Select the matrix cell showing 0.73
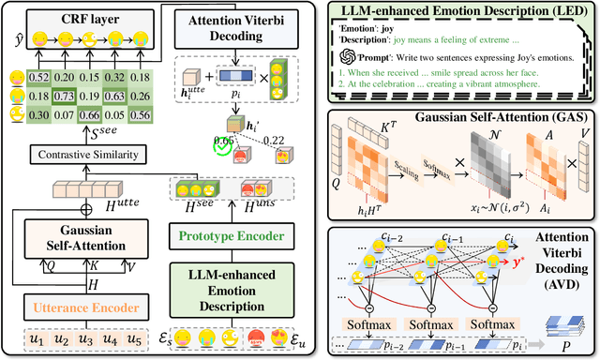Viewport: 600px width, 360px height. (65, 96)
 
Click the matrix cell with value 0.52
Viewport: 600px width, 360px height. (38, 78)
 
